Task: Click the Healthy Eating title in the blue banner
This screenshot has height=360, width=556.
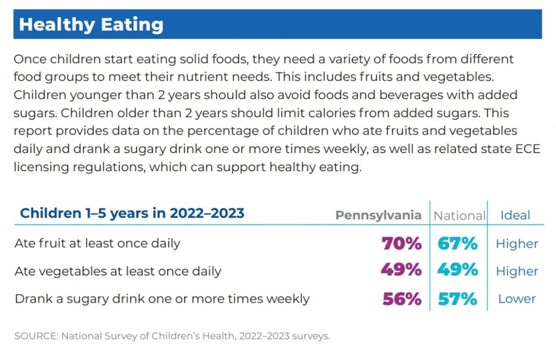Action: [x=91, y=25]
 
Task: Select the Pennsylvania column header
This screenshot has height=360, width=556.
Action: [x=378, y=215]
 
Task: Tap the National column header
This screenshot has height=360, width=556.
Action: [x=459, y=215]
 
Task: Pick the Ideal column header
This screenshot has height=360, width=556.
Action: [x=515, y=215]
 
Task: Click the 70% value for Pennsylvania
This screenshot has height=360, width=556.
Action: [x=401, y=244]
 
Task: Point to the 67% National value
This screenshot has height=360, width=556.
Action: [x=457, y=244]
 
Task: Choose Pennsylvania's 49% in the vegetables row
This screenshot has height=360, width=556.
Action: [x=401, y=270]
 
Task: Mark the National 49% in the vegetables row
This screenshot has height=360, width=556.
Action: [x=457, y=270]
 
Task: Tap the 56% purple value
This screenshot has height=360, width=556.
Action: [x=401, y=299]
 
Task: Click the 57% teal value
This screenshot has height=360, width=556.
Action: [x=457, y=299]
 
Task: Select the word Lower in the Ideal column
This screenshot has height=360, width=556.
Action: [x=517, y=299]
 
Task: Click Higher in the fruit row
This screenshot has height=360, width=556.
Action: [x=516, y=244]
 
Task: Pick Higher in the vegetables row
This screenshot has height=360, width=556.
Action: [x=516, y=271]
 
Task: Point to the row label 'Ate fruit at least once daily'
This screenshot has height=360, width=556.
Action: [x=98, y=244]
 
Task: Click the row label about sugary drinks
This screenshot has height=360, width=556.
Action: [x=162, y=299]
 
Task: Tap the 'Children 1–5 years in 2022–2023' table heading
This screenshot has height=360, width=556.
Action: [x=132, y=213]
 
